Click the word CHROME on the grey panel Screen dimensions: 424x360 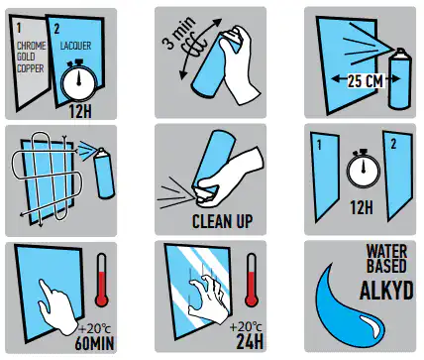32,46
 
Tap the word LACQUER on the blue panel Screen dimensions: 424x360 75,46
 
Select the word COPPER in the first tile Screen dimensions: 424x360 31,68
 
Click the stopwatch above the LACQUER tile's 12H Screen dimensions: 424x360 78,80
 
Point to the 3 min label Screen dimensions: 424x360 178,33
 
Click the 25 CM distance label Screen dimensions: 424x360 366,81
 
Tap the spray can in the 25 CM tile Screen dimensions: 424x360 400,78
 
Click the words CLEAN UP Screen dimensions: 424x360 223,221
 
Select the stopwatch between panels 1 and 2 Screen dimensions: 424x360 363,169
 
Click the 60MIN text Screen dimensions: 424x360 94,343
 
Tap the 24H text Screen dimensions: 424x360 250,341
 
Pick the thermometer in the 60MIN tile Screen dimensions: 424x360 102,281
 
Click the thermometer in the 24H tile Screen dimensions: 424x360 252,281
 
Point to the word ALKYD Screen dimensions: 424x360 386,291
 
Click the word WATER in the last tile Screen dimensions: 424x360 386,252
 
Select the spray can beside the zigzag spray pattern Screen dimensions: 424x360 104,174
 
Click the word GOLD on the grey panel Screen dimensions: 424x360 26,57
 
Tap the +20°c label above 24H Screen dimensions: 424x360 246,327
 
